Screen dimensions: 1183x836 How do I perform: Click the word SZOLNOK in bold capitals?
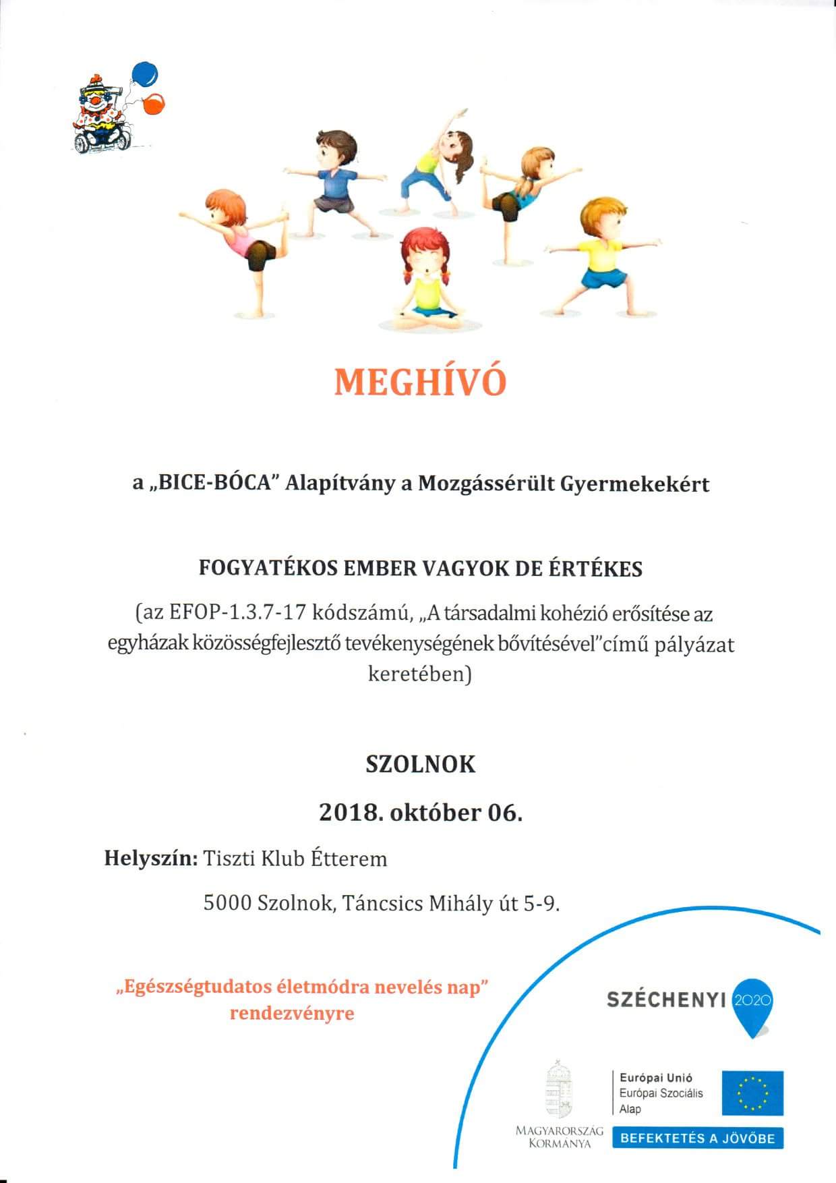click(420, 765)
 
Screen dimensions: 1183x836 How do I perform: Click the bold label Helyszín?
click(151, 859)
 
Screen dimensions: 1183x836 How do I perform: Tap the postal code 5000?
click(227, 902)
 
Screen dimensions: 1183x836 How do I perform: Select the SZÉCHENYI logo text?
click(665, 1000)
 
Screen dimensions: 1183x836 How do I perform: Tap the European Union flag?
click(752, 1093)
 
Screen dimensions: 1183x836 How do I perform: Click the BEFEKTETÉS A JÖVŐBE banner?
click(697, 1138)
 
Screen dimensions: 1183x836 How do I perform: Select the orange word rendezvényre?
click(292, 1014)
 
